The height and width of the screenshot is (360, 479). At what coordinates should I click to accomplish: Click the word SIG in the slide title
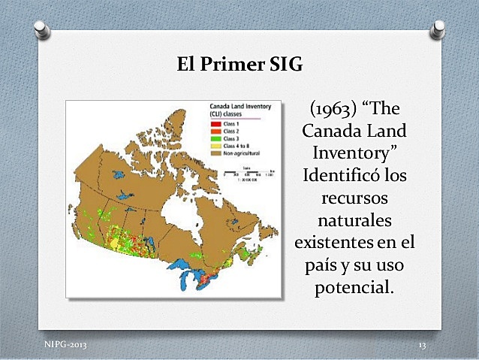click(285, 65)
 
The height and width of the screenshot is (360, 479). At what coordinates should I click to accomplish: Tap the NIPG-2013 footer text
click(65, 344)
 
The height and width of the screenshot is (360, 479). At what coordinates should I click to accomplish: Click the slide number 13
click(422, 344)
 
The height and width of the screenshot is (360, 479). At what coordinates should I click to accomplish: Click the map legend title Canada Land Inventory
click(233, 110)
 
